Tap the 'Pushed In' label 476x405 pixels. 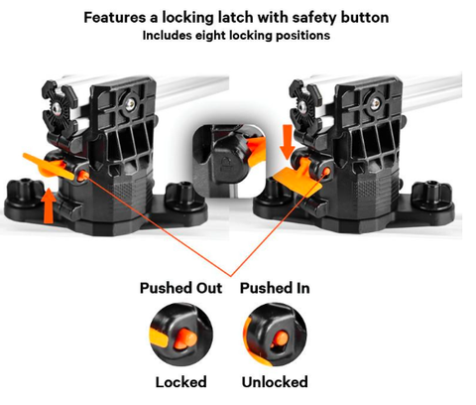pos(275,288)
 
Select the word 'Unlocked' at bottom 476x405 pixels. pos(274,381)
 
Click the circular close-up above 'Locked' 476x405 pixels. pos(178,335)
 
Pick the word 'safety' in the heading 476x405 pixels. pos(302,17)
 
